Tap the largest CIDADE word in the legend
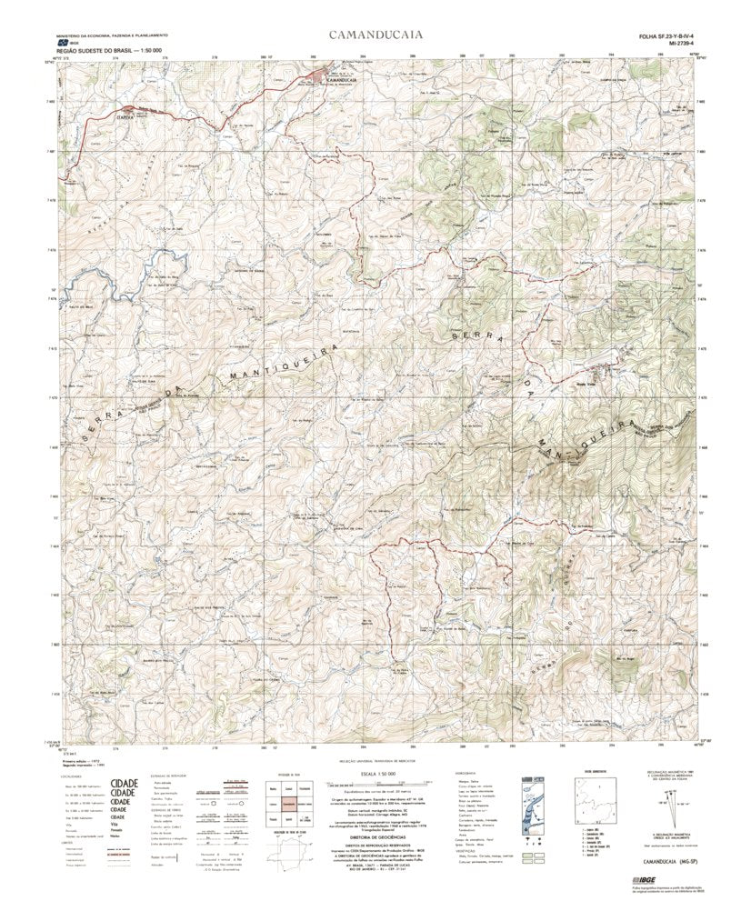click(124, 783)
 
